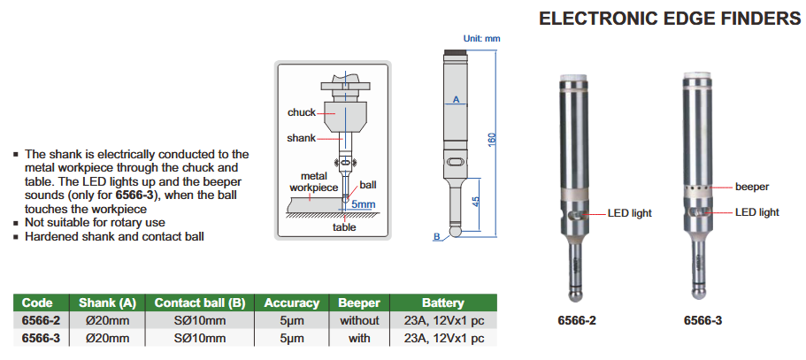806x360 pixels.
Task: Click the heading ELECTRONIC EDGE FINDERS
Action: pos(670,19)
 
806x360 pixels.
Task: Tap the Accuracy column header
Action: pos(292,303)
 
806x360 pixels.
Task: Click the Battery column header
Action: pos(442,303)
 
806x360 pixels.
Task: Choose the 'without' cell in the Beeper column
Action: pos(359,320)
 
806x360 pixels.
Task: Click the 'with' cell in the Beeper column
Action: pos(359,338)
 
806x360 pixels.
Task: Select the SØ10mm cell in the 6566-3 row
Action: pos(200,338)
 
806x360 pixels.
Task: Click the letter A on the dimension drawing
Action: pos(456,100)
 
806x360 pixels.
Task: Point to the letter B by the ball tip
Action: pos(436,236)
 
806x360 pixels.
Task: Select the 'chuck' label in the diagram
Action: pos(302,112)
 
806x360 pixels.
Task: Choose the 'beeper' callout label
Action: pos(752,187)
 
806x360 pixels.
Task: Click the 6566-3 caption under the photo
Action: pos(702,320)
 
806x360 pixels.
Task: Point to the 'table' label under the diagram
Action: pos(344,227)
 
